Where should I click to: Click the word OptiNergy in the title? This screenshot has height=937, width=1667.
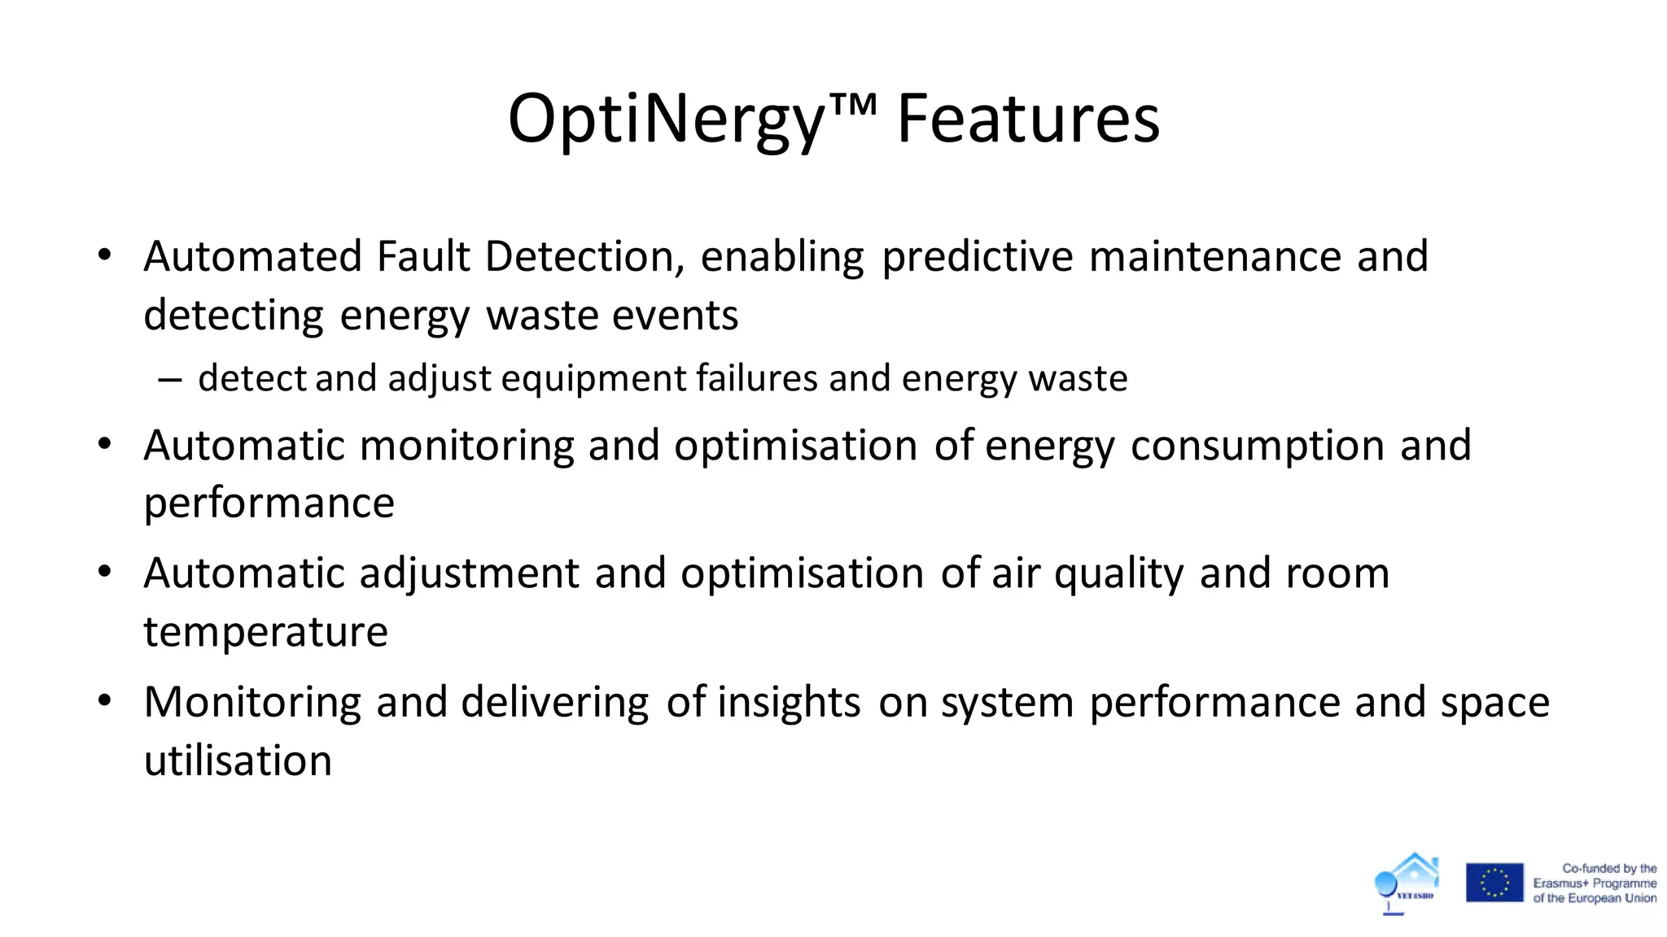coord(666,120)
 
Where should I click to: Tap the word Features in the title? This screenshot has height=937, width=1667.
coord(1028,120)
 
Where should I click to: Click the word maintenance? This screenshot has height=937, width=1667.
coord(1214,256)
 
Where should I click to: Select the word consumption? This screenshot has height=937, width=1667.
coord(1257,446)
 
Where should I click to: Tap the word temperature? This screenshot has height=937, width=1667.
coord(265,632)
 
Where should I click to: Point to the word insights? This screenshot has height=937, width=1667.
coord(788,702)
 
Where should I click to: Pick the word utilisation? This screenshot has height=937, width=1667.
coord(238,760)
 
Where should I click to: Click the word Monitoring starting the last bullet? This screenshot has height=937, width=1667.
coord(252,702)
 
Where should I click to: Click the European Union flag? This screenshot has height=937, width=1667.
coord(1494,883)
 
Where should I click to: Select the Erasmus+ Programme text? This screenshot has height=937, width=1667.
coord(1595,883)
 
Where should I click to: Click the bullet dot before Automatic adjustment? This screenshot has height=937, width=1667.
coord(103,572)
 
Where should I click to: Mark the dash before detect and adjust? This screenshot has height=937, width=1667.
coord(169,379)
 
